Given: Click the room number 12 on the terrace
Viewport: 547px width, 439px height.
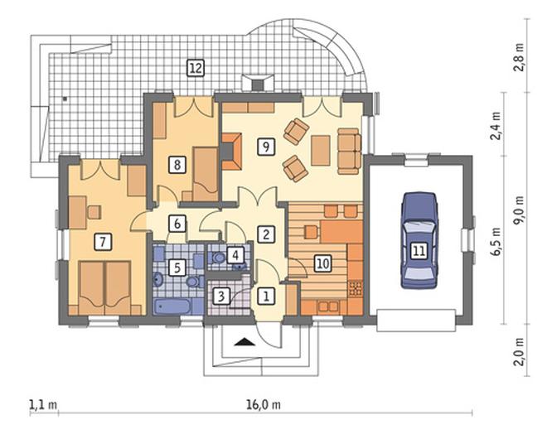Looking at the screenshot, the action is pyautogui.click(x=196, y=68).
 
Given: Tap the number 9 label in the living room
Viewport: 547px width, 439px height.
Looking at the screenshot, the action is pyautogui.click(x=266, y=147).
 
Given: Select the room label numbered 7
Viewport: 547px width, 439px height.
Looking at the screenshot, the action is pyautogui.click(x=103, y=242).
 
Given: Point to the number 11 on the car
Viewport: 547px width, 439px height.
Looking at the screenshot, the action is pyautogui.click(x=419, y=250).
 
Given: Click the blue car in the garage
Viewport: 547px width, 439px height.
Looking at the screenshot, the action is pyautogui.click(x=419, y=240).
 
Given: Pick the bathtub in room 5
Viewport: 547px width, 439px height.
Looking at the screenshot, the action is pyautogui.click(x=172, y=306).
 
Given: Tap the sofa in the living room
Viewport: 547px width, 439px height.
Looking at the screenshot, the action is pyautogui.click(x=349, y=151).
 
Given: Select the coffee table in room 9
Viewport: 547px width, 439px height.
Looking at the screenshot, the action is pyautogui.click(x=321, y=150).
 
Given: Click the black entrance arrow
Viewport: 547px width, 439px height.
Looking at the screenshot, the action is pyautogui.click(x=244, y=342).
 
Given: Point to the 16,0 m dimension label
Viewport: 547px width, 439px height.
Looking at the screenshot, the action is pyautogui.click(x=264, y=405).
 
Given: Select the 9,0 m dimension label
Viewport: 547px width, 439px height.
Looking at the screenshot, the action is pyautogui.click(x=520, y=210).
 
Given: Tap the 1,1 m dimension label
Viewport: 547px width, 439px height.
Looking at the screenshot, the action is pyautogui.click(x=43, y=405).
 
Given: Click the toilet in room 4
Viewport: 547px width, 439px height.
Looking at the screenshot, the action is pyautogui.click(x=218, y=258).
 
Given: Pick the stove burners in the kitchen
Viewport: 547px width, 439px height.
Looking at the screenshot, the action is pyautogui.click(x=356, y=288).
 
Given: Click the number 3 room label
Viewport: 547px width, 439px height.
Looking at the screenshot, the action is pyautogui.click(x=220, y=297).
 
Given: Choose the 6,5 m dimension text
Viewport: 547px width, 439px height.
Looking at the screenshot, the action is pyautogui.click(x=496, y=242).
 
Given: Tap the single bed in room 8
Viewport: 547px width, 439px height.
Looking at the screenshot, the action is pyautogui.click(x=206, y=174).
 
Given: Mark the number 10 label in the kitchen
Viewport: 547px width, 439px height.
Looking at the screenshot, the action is pyautogui.click(x=322, y=263).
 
